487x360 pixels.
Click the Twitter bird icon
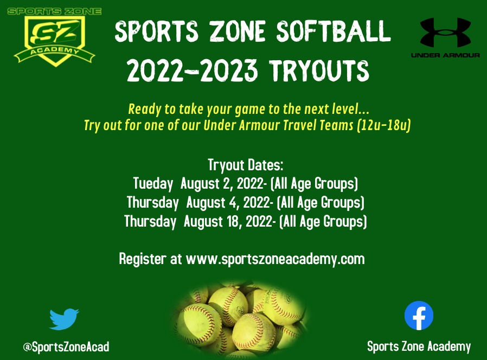63,319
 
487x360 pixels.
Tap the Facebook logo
419,316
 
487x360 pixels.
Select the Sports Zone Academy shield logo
54,36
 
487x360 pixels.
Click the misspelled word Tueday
153,184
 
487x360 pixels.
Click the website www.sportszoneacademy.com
275,259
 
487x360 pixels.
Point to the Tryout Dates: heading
246,165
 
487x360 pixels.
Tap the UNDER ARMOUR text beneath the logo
445,55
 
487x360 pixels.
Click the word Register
142,259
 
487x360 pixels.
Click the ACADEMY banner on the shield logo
54,53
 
